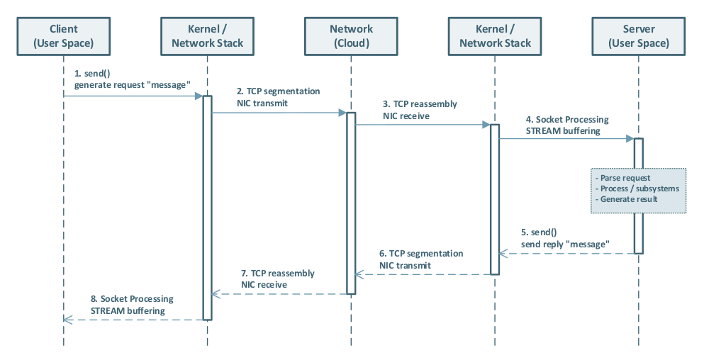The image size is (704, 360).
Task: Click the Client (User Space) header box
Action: click(x=64, y=36)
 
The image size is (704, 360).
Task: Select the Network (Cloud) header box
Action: click(x=351, y=36)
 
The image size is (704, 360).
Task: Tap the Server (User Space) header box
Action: click(x=639, y=36)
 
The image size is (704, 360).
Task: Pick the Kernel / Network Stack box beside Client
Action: click(x=208, y=36)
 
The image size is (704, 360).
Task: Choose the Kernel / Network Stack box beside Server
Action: click(x=495, y=36)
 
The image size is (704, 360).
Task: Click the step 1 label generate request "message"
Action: click(x=133, y=85)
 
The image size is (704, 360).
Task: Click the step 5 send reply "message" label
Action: click(x=565, y=244)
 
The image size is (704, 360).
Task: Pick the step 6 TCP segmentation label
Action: click(x=421, y=253)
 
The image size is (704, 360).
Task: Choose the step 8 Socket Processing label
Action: click(x=131, y=299)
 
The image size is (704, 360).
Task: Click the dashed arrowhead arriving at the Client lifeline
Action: click(x=68, y=320)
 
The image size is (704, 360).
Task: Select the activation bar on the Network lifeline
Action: click(x=351, y=202)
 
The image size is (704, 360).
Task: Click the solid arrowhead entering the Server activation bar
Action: click(x=630, y=139)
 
